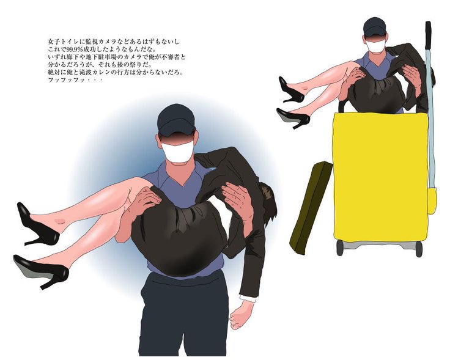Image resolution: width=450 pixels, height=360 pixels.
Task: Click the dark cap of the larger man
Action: pos(176,119)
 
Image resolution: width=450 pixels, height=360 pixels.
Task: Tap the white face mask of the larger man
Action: pos(177,152)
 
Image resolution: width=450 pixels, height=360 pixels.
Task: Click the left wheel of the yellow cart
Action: pos(340,248)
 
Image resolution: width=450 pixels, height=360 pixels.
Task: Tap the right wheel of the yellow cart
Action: pos(419,249)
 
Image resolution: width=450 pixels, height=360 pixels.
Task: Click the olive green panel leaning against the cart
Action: pos(311,207)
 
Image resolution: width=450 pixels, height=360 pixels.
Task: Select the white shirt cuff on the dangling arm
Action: pos(248,298)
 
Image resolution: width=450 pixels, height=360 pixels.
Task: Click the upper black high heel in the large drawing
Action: pos(37,224)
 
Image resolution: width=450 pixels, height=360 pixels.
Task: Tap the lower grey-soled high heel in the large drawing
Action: pos(41,271)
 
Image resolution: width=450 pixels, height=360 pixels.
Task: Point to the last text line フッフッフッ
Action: pos(75,80)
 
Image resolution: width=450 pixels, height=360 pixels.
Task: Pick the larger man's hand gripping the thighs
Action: pos(145,201)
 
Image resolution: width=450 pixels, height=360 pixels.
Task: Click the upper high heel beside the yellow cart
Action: pos(291,89)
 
